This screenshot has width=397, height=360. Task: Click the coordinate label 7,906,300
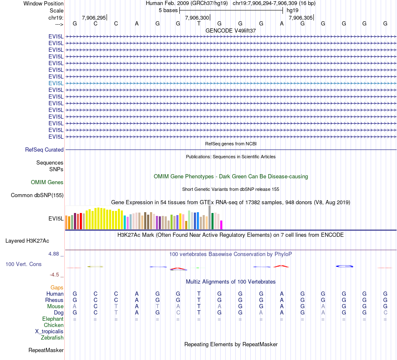pos(197,18)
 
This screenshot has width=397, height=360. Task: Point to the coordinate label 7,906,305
pos(300,18)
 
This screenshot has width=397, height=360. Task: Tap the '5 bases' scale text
pos(168,10)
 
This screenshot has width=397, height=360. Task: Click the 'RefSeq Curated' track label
pos(44,150)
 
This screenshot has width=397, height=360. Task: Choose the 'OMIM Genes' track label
pos(47,183)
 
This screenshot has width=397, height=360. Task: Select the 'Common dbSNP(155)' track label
pos(37,195)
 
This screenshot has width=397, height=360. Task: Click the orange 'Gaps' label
pos(57,288)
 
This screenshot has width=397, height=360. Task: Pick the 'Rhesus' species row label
pos(54,300)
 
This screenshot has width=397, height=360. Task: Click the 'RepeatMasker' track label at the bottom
pos(46,350)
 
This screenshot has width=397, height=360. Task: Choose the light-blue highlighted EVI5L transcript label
pos(56,83)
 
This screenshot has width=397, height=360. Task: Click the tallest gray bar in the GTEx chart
pos(210,217)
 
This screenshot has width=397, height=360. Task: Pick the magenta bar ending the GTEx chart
pos(221,225)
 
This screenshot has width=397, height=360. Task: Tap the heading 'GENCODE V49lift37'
pos(231,31)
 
